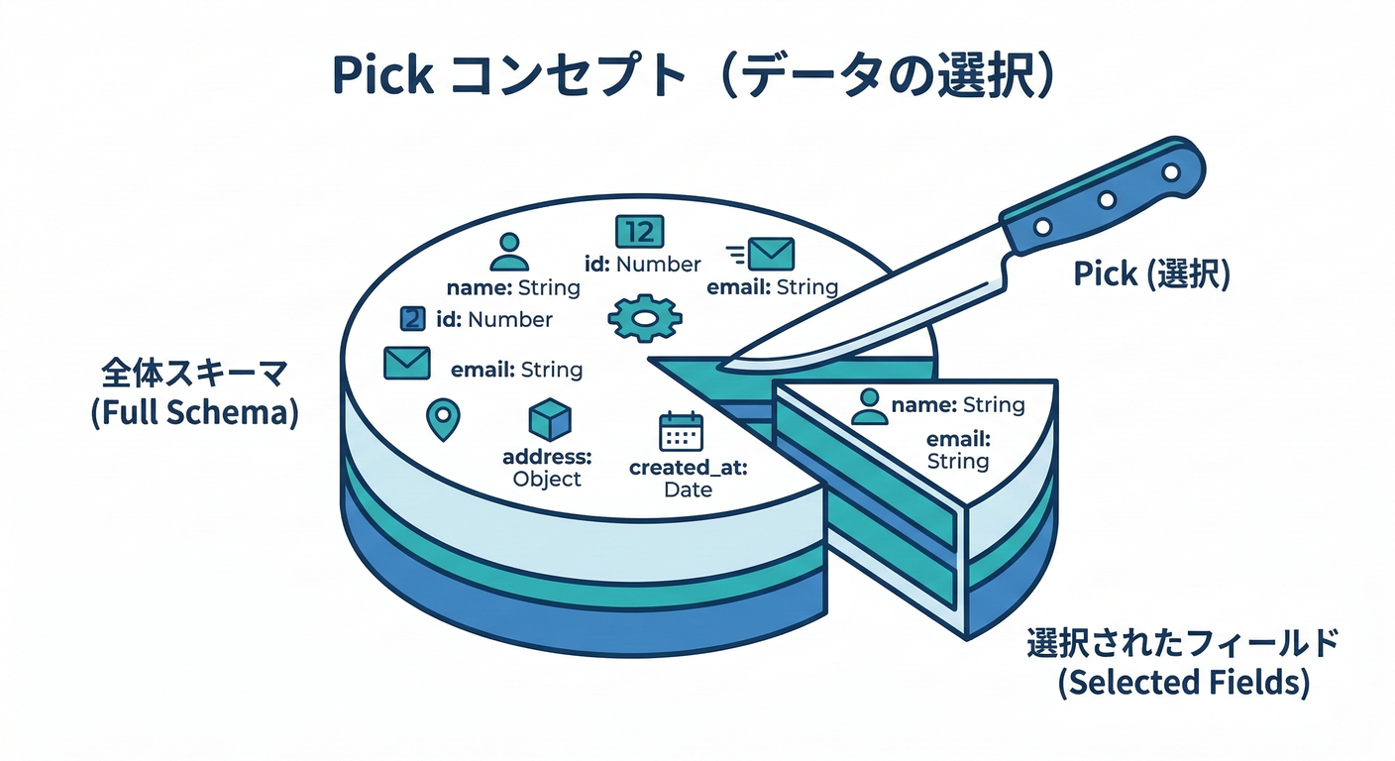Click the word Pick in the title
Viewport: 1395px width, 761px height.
point(381,75)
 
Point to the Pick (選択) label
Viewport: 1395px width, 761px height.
point(1151,274)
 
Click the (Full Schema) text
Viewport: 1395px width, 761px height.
point(194,412)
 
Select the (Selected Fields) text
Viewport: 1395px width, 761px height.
point(1184,683)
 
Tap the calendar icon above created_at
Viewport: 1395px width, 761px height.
point(681,432)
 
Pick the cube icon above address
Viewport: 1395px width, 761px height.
point(551,421)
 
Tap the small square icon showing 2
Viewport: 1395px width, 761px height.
point(412,319)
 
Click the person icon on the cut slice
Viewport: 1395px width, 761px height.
point(869,405)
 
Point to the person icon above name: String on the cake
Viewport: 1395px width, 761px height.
point(509,253)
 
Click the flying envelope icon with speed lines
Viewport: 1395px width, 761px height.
point(764,254)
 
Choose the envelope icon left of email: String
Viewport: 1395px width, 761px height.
point(406,363)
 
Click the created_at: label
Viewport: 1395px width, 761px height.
point(688,467)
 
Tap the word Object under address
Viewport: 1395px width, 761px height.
point(547,479)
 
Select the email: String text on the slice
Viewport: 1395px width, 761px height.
point(958,450)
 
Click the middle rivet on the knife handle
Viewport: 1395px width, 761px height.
point(1104,201)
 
